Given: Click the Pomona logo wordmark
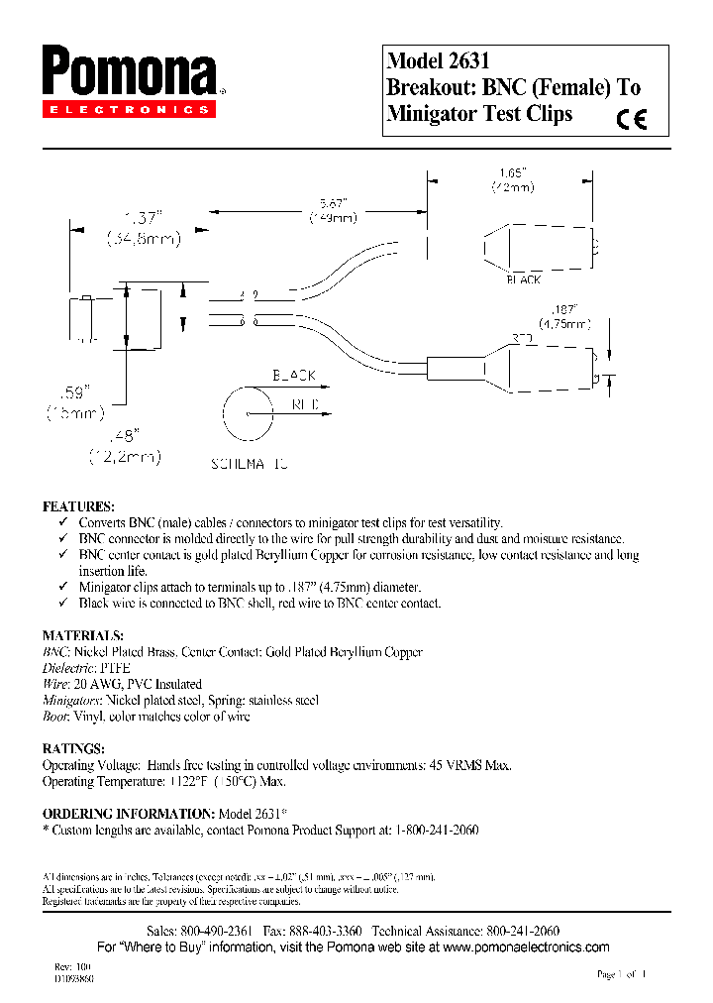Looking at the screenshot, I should click(x=129, y=73).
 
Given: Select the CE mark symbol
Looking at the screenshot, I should click(x=631, y=119).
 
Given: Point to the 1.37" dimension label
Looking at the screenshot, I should click(x=142, y=216).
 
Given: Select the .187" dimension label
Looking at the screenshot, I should click(x=564, y=309).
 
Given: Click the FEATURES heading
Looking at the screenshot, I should click(x=78, y=505).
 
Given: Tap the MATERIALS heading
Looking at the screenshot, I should click(x=82, y=635).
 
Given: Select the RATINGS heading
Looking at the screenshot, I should click(x=73, y=748).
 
